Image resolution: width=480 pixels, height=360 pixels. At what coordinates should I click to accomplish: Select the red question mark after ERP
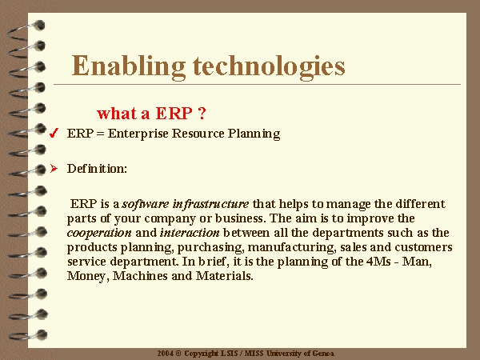[x=202, y=114]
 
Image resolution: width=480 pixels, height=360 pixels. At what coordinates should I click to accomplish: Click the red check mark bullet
[x=54, y=133]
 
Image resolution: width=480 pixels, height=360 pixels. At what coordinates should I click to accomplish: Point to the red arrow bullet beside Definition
[x=54, y=168]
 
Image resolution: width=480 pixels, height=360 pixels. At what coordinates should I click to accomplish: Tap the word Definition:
[x=97, y=169]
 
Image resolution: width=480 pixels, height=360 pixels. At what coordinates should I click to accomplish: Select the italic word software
[x=146, y=204]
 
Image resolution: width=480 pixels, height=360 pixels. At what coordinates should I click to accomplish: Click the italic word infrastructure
[x=210, y=204]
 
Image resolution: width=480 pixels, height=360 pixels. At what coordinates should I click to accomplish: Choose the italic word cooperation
[x=99, y=234]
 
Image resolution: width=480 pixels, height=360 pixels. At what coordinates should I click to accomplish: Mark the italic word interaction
[x=190, y=233]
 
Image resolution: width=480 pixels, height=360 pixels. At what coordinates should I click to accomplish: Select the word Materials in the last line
[x=224, y=276]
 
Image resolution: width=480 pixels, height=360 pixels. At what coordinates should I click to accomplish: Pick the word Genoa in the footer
[x=323, y=354]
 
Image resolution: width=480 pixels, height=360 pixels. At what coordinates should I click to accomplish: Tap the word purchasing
[x=211, y=248]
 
